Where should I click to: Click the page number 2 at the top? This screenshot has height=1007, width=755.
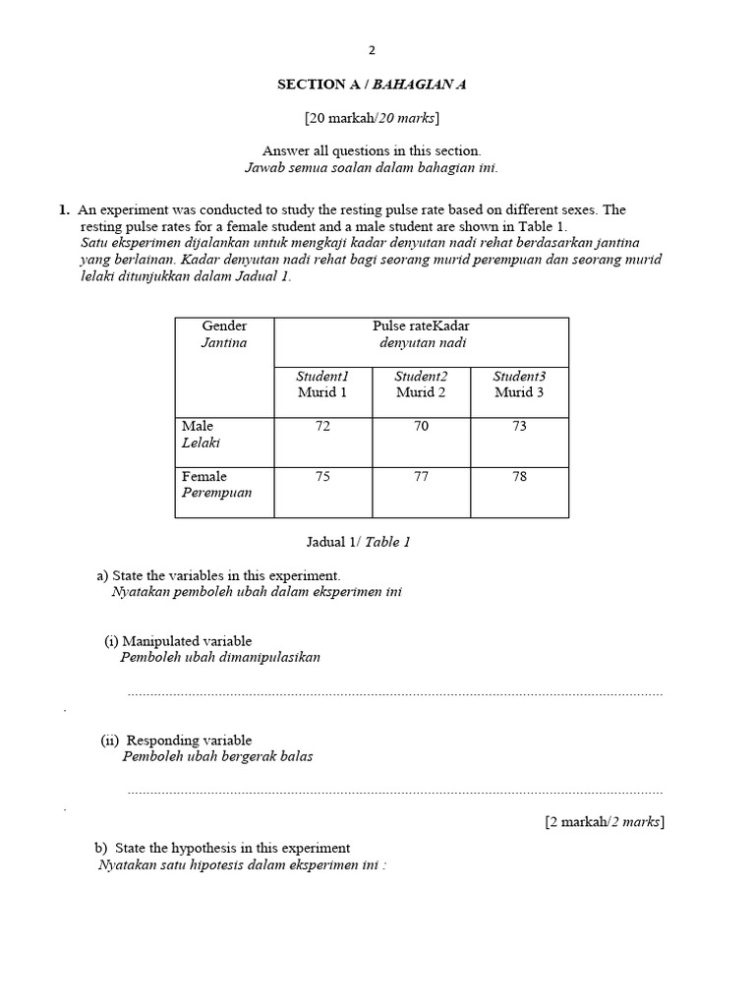coord(372,50)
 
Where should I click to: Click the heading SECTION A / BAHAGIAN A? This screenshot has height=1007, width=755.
coord(372,85)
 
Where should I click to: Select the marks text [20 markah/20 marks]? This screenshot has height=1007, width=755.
coord(372,118)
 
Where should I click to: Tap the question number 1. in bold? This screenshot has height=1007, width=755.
coord(64,209)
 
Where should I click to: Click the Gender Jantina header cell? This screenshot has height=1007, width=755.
coord(224,334)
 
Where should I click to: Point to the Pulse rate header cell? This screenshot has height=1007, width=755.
coord(421,334)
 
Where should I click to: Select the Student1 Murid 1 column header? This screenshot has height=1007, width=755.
coord(322,385)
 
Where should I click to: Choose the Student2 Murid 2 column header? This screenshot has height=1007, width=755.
coord(421,385)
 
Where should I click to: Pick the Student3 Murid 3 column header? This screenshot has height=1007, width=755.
coord(519,385)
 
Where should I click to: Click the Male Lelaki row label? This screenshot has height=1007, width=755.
coord(199,435)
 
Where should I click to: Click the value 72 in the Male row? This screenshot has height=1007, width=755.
coord(322,427)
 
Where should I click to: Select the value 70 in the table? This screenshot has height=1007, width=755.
coord(421,427)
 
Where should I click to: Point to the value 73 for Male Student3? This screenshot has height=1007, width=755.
coord(519,427)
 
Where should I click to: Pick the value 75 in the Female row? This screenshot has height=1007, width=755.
coord(322,477)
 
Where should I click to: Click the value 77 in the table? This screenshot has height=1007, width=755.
coord(421,477)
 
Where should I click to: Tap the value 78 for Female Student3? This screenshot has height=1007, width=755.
coord(519,477)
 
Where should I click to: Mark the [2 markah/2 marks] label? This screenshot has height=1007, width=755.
coord(605,822)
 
